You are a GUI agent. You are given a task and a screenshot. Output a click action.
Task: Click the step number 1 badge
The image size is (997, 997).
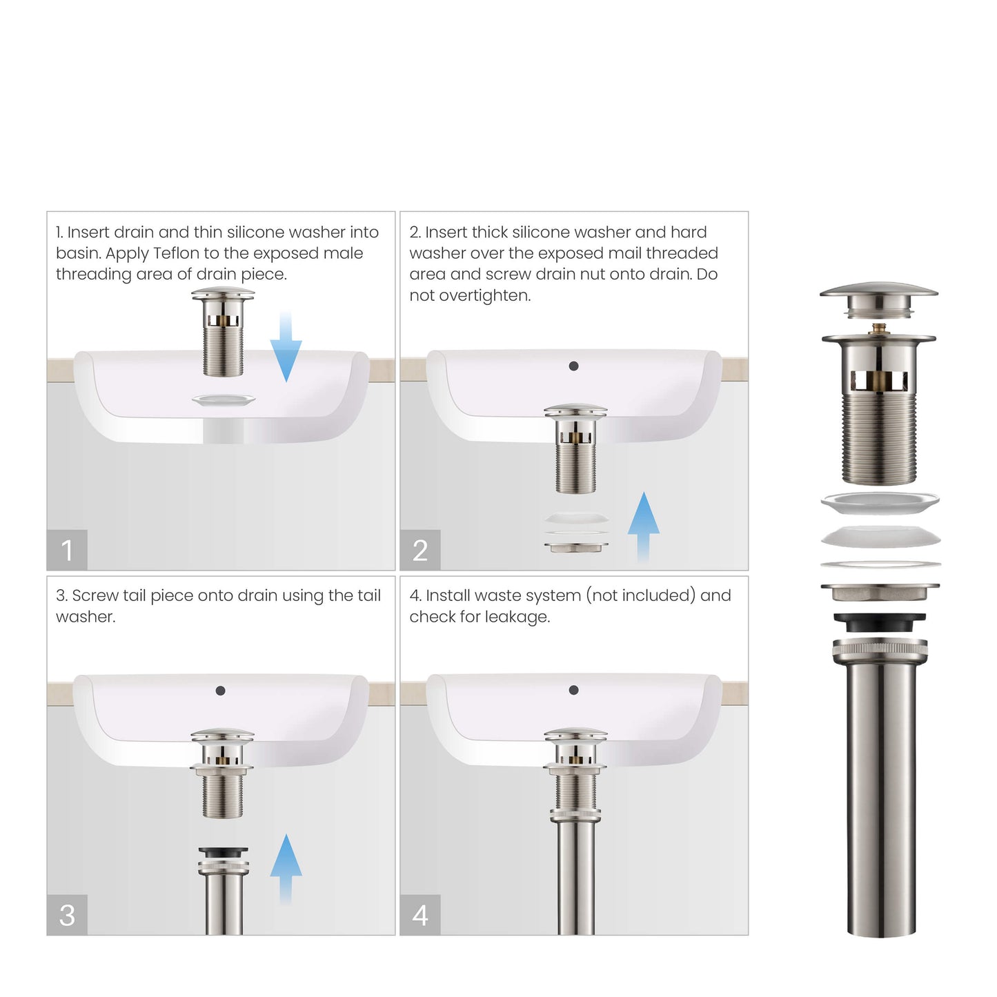point(67,550)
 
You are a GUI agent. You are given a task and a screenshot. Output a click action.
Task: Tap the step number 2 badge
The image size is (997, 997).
point(420,550)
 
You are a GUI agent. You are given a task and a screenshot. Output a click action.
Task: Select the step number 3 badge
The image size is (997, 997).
point(67,915)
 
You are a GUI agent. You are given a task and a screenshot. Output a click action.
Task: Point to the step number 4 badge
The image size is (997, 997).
point(420,915)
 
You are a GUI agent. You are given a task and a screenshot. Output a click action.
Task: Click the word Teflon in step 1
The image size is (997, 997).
point(177,253)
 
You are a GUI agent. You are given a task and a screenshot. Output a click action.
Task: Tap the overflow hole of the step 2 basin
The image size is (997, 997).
point(573,366)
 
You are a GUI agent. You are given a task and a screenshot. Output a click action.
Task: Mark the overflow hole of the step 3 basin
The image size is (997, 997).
point(220,691)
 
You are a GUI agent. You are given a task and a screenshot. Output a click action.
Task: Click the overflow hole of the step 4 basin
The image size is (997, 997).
point(573,690)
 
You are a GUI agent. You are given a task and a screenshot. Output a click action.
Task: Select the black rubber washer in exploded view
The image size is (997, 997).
point(880,622)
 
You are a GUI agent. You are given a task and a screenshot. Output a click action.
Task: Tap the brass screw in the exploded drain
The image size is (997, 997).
point(879,328)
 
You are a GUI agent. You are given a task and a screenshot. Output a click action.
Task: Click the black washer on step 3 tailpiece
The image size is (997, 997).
point(223,853)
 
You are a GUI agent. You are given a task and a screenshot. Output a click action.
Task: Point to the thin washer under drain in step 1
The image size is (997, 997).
point(223,400)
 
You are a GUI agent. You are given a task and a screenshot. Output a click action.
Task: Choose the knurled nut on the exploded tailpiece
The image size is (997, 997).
point(880,649)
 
